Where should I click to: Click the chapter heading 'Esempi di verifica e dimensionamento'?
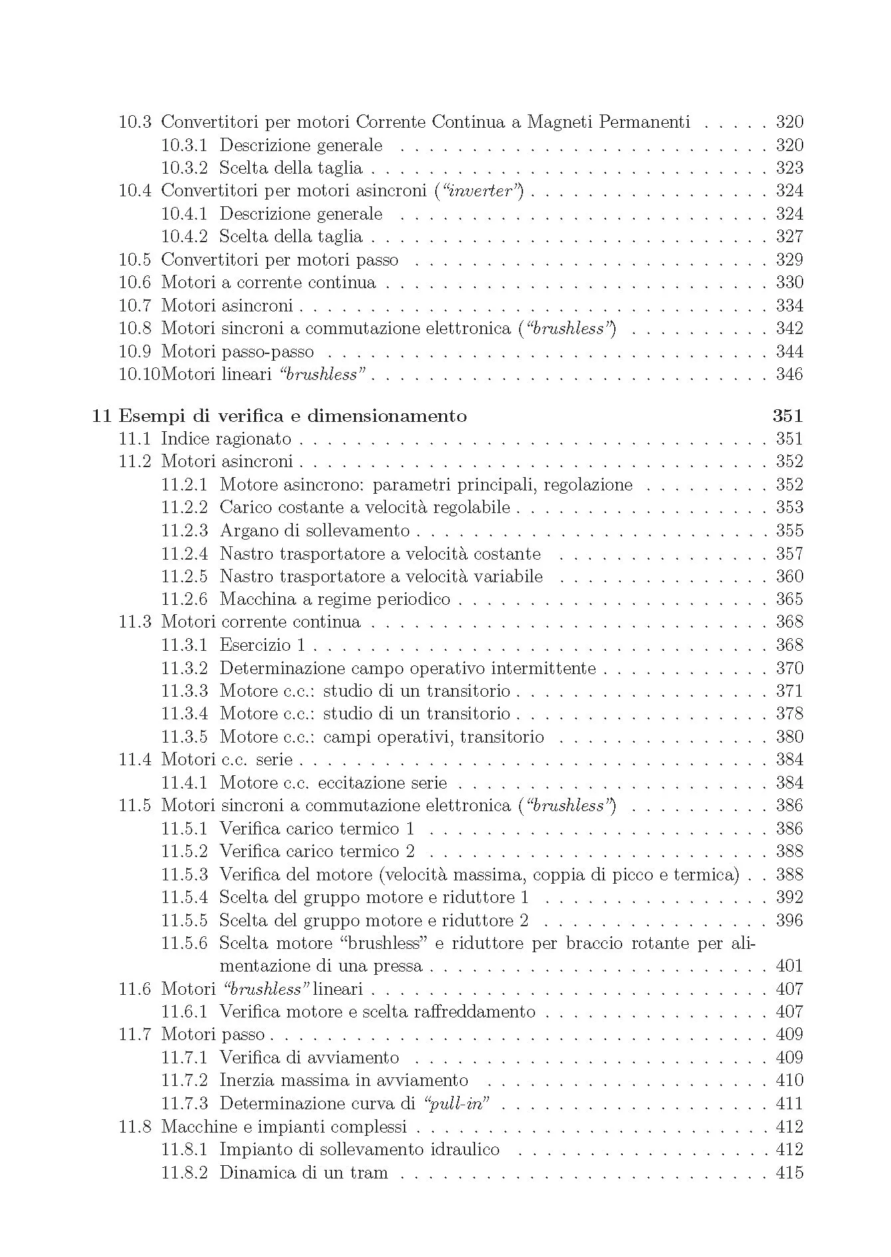pos(292,416)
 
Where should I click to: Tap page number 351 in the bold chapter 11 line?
pos(788,416)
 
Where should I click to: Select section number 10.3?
pos(134,122)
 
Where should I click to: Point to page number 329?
pos(789,260)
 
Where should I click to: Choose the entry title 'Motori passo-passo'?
pos(237,352)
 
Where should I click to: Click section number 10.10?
pos(139,375)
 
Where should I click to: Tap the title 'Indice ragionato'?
pos(226,439)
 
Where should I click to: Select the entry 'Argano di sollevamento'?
pos(314,531)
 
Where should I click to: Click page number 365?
pos(789,600)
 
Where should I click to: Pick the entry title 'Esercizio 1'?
pos(262,645)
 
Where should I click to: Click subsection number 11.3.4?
pos(184,714)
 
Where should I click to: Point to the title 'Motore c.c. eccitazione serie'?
pos(333,783)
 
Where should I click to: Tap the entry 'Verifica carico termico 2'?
pos(317,852)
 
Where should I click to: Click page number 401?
pos(789,966)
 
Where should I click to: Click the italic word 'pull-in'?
pos(456,1104)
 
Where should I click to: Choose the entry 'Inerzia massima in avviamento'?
pos(343,1081)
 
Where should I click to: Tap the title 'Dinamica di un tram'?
pos(303,1172)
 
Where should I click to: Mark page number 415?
pos(789,1172)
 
